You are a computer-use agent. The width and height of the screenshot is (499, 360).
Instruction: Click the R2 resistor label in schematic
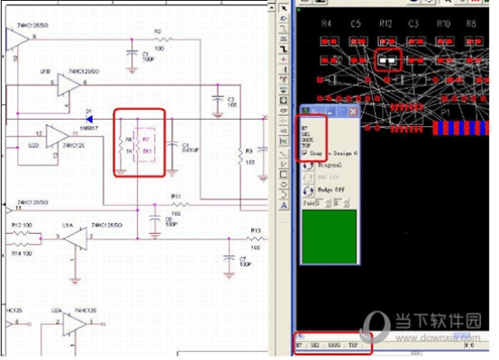[x=157, y=31]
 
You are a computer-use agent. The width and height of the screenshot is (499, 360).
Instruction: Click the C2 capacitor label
[x=231, y=99]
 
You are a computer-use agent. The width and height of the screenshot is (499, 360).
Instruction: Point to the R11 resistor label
[x=177, y=195]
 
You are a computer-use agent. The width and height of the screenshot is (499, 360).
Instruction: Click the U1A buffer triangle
[x=76, y=238]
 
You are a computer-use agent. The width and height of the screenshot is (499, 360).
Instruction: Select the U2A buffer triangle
[x=76, y=321]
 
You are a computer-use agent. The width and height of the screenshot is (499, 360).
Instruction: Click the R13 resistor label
[x=255, y=231]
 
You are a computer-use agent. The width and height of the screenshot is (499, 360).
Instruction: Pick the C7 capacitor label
[x=243, y=259]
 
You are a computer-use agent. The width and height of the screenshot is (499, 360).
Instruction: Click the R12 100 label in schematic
[x=23, y=224]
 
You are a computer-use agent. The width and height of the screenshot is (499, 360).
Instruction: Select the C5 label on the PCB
[x=356, y=22]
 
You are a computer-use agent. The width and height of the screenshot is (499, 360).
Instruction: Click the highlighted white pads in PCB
[x=388, y=62]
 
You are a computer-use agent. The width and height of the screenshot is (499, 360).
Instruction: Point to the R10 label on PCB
[x=443, y=22]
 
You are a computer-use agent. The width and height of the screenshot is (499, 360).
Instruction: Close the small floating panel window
[x=354, y=112]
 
